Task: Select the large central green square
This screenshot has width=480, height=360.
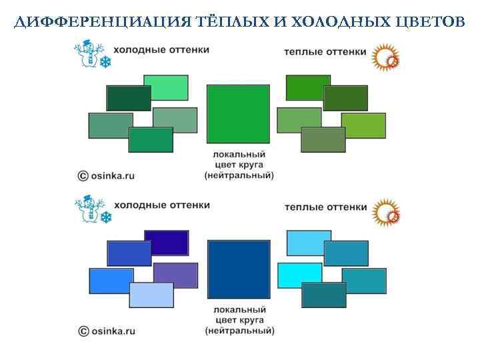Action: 238,115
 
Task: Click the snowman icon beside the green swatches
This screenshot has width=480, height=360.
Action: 87,54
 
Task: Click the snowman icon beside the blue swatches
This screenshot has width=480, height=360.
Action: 87,210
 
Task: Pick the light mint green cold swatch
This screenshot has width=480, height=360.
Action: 166,87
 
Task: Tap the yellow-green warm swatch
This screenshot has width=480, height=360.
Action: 364,125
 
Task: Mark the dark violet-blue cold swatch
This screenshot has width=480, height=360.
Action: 167,241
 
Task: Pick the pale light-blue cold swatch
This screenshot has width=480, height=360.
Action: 151,295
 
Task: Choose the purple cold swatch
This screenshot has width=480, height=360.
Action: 176,275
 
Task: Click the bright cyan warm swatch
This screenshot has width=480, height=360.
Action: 299,275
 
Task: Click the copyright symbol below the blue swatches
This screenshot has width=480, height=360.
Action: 83,331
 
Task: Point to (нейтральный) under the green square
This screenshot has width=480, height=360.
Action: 239,176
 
